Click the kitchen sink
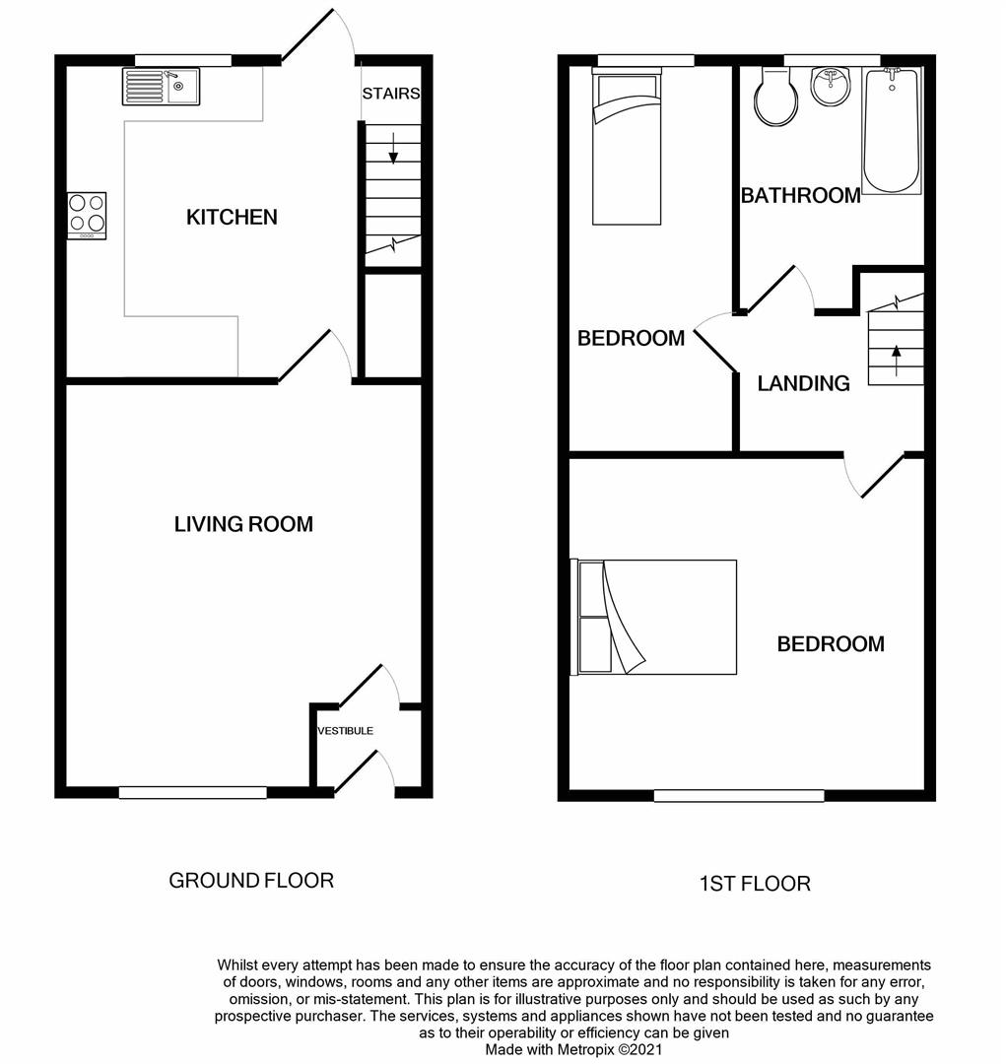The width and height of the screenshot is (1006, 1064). pos(161,87)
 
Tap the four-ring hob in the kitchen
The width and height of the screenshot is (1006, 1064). pos(87,215)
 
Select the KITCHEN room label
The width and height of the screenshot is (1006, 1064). pos(232,217)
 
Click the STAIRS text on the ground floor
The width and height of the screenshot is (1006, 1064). pos(390,94)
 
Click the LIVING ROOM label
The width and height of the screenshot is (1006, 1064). pos(243,524)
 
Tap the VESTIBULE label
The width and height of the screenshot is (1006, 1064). pos(345,731)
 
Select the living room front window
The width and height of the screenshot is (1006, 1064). pos(193,791)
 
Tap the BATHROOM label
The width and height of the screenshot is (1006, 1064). pos(800,196)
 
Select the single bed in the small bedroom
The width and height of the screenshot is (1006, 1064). pos(626,148)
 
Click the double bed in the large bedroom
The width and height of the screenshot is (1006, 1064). pos(655,618)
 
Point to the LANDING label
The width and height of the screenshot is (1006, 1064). pos(803,384)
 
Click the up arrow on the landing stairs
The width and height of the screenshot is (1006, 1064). pos(896,357)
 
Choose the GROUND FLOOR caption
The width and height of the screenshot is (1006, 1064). pos(251,880)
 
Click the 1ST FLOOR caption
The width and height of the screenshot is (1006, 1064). pos(755,884)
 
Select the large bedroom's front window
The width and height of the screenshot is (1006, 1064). pos(738,795)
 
